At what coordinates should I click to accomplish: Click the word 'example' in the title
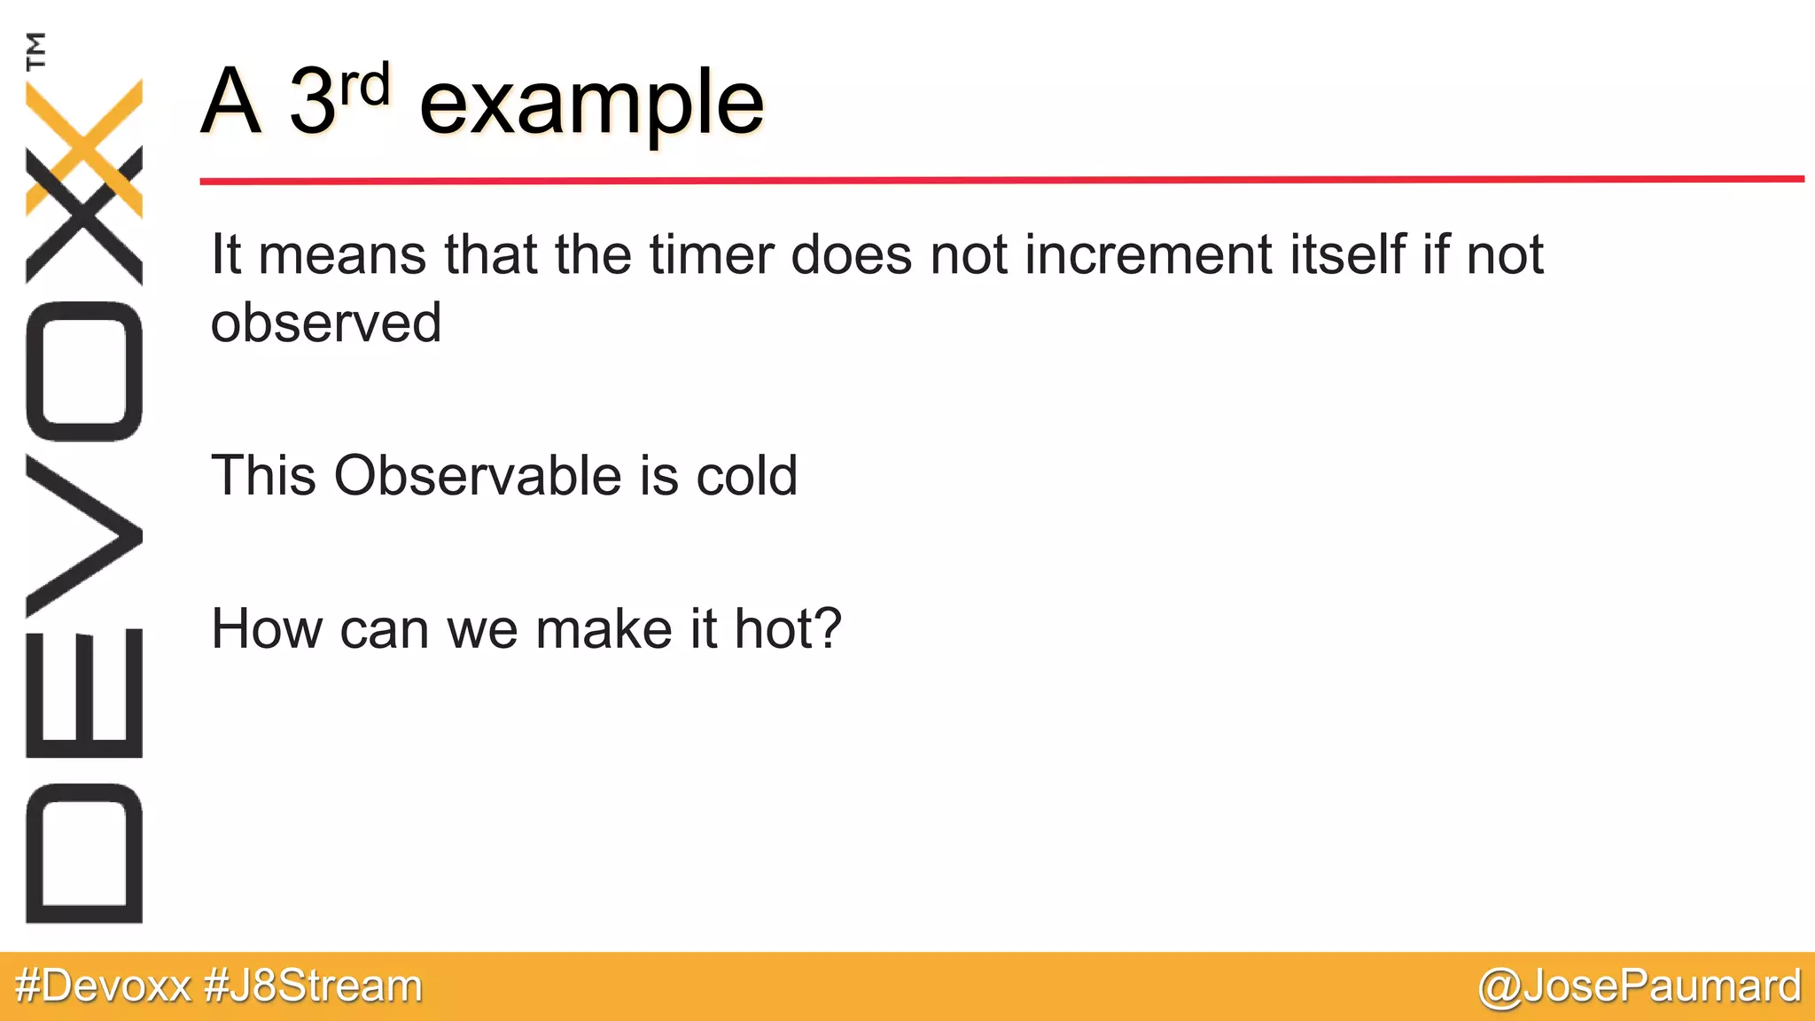click(x=591, y=105)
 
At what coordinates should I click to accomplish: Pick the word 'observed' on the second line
click(x=325, y=322)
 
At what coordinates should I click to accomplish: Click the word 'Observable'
click(x=479, y=475)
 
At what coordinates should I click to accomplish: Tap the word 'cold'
click(x=746, y=475)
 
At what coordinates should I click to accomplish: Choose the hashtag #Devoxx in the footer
click(x=103, y=986)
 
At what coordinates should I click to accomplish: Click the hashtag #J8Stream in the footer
click(x=313, y=986)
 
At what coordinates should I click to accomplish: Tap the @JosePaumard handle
click(x=1640, y=986)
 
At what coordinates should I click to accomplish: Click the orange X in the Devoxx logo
click(x=84, y=146)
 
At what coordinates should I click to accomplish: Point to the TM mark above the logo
click(x=35, y=51)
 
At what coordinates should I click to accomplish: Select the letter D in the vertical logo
click(x=84, y=853)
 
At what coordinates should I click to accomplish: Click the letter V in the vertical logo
click(x=84, y=536)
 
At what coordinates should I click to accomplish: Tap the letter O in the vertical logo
click(x=84, y=370)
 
